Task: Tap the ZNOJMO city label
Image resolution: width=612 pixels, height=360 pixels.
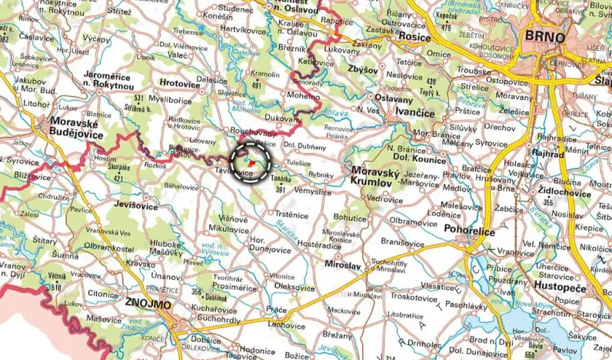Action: pos(149,304)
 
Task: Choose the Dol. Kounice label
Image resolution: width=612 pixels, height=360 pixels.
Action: pos(421,160)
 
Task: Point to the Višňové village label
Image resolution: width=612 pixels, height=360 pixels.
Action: pos(233,218)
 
